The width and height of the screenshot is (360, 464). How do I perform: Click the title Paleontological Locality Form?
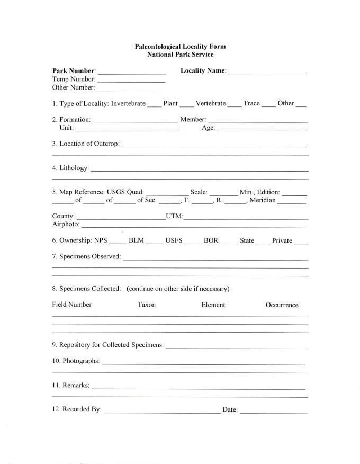click(180, 47)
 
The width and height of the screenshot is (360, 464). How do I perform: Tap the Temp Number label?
click(74, 79)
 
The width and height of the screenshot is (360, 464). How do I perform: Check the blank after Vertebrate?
click(234, 105)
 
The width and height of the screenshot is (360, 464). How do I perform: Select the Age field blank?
click(262, 129)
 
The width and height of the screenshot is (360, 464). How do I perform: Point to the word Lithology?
click(74, 168)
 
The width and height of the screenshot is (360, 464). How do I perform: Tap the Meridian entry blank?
click(292, 202)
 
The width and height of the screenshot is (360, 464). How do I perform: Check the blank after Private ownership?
click(301, 242)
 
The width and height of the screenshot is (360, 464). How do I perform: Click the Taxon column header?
click(147, 305)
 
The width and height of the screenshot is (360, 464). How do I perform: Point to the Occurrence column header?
click(282, 305)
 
